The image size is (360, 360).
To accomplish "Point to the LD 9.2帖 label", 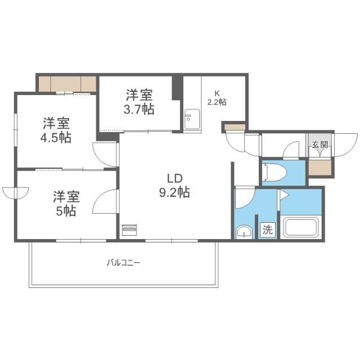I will pos(174,185).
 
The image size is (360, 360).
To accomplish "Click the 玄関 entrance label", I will pos(319,145).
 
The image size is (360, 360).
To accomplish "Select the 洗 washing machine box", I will pos(268,229).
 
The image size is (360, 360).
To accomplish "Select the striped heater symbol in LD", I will pos(129,230).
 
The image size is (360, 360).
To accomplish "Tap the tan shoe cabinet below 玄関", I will pos(319,168).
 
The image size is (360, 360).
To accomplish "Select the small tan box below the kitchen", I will pos(234,127).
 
